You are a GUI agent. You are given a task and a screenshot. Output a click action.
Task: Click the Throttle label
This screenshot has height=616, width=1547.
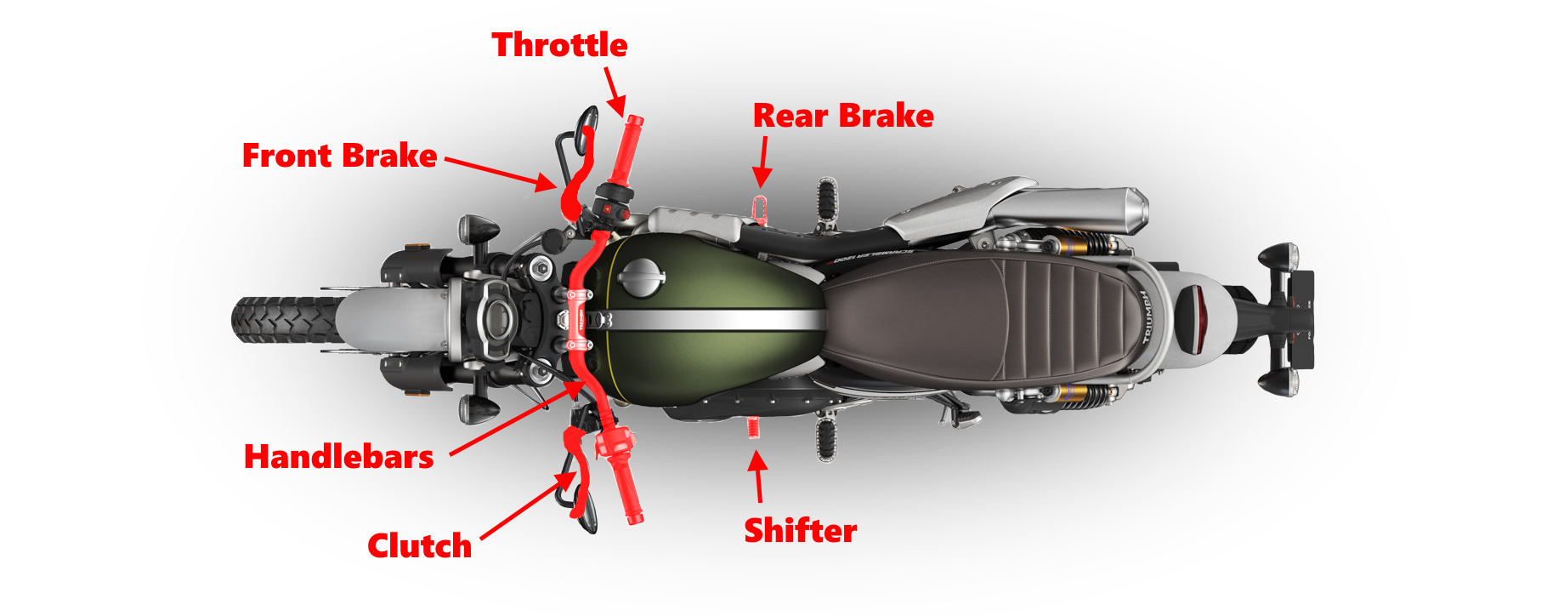(x=559, y=45)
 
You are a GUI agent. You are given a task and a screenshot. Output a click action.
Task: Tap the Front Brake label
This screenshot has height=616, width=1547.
(x=339, y=156)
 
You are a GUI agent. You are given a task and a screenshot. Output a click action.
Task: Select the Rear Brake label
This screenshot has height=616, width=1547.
(x=843, y=116)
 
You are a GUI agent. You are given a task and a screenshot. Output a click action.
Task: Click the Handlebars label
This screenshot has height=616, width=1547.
(x=338, y=457)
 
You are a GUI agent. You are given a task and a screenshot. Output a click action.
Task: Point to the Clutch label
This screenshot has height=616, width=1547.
(x=419, y=545)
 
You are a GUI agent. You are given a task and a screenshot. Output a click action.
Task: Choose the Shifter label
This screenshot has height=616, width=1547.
(x=800, y=530)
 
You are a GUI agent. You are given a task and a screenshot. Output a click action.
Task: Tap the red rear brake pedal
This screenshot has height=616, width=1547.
(x=761, y=208)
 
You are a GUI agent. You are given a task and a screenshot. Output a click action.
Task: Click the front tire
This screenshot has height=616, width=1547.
(x=280, y=320)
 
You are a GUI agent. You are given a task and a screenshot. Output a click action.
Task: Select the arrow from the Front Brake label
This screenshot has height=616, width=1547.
(x=501, y=171)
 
